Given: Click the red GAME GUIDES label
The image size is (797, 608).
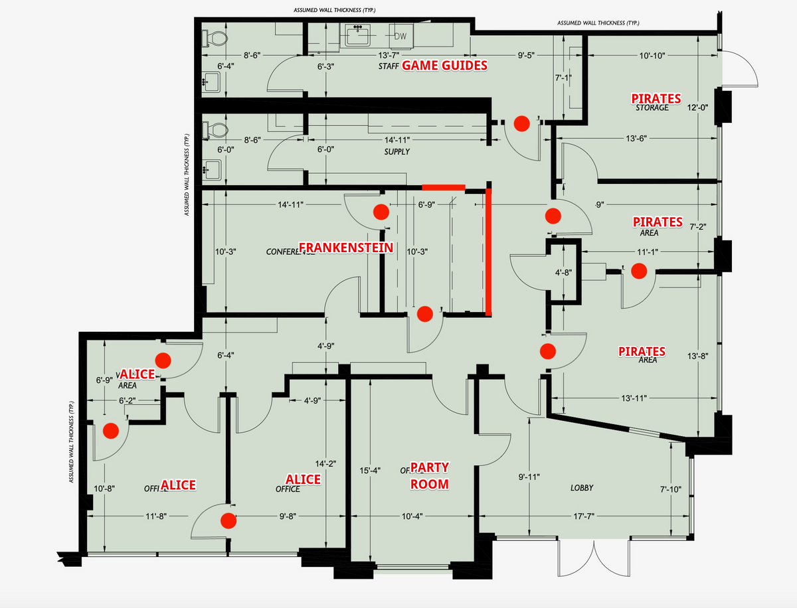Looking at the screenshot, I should (x=444, y=65).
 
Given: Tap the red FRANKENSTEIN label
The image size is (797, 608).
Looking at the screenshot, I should (x=346, y=248).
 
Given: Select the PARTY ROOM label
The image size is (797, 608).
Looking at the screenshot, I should (x=429, y=476).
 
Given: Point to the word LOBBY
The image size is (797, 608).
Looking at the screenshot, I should (x=582, y=488).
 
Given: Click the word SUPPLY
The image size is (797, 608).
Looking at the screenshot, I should (x=397, y=152).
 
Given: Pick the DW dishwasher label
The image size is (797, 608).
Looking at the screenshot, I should (x=400, y=36).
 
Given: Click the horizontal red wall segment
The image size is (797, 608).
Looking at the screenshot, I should (x=444, y=187).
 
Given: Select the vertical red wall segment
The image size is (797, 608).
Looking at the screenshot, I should (x=488, y=251).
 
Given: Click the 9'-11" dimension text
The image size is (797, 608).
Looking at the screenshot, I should (x=528, y=477).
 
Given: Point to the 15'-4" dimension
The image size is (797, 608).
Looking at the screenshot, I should (x=369, y=471).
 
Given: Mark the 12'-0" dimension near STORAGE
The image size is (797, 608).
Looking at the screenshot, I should (x=697, y=108).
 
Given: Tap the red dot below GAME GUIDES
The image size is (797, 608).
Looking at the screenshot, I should (x=522, y=122).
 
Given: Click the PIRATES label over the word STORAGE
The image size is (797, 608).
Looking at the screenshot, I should (x=656, y=98).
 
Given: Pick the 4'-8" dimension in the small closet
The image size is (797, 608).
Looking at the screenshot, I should (x=563, y=272).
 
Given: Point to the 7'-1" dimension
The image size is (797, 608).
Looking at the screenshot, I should (x=563, y=78).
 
